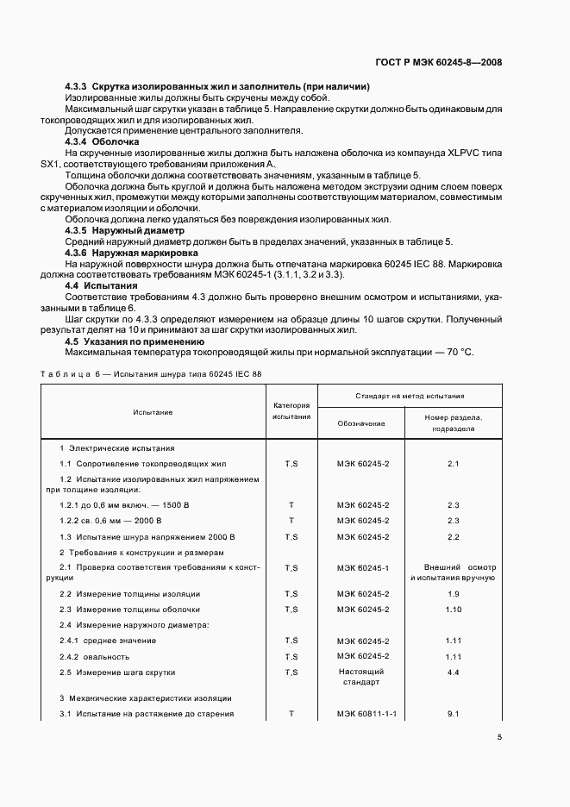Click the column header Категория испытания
pos(291,410)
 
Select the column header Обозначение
pos(361,422)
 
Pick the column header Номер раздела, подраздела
pos(454,422)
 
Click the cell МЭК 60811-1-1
pos(361,715)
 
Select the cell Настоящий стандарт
pos(361,677)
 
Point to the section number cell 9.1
pos(454,715)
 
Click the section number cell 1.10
pos(454,609)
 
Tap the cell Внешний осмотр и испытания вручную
pos(454,572)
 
